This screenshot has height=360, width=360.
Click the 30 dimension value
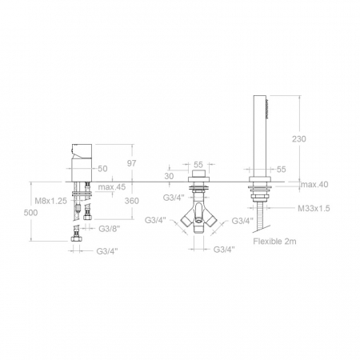(169, 175)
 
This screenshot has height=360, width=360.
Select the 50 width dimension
(102, 170)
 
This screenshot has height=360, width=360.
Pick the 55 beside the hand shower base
(281, 170)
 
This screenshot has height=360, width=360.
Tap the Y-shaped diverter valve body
(199, 218)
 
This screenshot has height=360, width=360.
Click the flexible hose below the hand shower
(261, 215)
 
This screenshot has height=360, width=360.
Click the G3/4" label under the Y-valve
(225, 250)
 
